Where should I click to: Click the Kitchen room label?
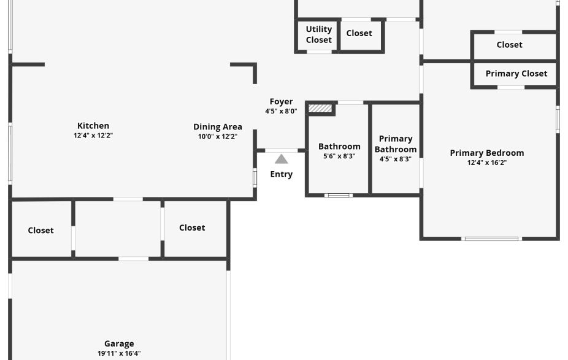(93, 126)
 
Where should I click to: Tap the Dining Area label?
(218, 127)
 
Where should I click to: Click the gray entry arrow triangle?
(281, 159)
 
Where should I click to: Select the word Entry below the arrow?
(281, 174)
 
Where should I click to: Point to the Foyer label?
(281, 102)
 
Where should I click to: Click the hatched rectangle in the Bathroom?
(320, 109)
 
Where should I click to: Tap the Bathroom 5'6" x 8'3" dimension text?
(339, 156)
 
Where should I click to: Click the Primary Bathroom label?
(396, 144)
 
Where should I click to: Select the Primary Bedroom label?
(487, 153)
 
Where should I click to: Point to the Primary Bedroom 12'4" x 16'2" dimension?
(487, 163)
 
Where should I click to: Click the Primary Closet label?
(516, 74)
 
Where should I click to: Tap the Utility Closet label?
(319, 34)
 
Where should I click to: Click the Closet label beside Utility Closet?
(359, 33)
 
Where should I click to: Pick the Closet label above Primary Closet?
(510, 45)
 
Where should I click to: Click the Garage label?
(119, 344)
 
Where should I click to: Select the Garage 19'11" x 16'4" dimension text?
(119, 353)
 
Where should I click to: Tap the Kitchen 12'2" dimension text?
(93, 136)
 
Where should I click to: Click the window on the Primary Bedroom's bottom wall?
(491, 239)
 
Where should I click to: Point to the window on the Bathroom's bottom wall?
(339, 196)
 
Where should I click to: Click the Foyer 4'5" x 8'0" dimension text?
(281, 112)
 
